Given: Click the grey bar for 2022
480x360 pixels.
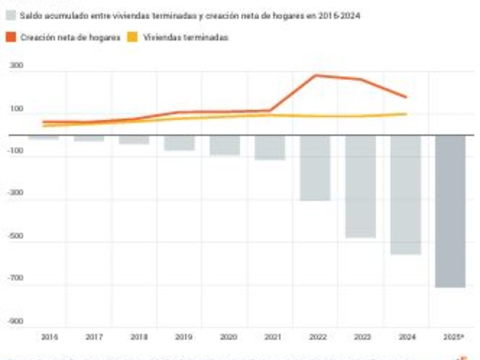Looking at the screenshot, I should pyautogui.click(x=315, y=168).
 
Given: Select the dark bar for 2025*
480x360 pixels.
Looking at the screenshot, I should pyautogui.click(x=450, y=211).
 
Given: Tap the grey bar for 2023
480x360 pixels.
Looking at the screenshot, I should pyautogui.click(x=360, y=186).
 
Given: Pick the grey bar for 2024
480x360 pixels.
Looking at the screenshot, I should pyautogui.click(x=405, y=195).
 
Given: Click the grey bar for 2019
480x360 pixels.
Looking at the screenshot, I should pyautogui.click(x=179, y=142).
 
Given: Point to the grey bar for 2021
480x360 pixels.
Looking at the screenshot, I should pyautogui.click(x=270, y=147).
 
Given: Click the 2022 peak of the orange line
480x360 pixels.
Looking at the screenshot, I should pyautogui.click(x=315, y=75).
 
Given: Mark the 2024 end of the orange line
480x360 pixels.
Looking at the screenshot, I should pyautogui.click(x=406, y=97).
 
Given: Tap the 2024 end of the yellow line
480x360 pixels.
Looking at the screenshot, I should pyautogui.click(x=406, y=114).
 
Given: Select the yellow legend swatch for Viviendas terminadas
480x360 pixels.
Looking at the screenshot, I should pyautogui.click(x=133, y=37).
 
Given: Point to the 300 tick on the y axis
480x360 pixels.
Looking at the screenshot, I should pyautogui.click(x=16, y=66).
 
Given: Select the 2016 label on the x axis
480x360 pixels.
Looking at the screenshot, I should pyautogui.click(x=50, y=337).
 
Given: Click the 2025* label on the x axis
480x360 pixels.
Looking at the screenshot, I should pyautogui.click(x=453, y=337).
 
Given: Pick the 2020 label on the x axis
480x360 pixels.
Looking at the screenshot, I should pyautogui.click(x=229, y=337).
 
